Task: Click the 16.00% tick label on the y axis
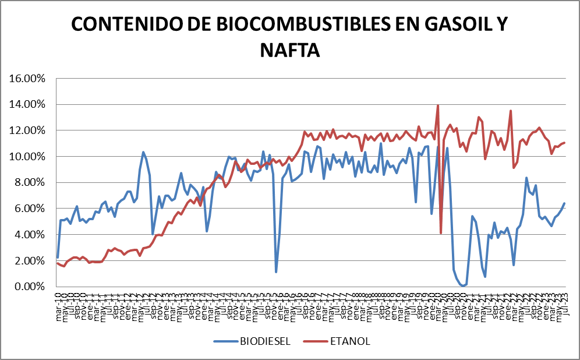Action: tap(27, 79)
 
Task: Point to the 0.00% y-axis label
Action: tap(29, 287)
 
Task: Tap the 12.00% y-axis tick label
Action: tap(27, 130)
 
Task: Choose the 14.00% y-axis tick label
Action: tap(27, 104)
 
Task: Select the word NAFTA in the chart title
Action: tap(290, 50)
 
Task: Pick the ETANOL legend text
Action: tap(351, 341)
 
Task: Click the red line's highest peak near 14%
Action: tap(437, 105)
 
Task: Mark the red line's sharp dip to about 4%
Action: tap(441, 233)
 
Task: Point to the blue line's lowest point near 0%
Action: tap(464, 285)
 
